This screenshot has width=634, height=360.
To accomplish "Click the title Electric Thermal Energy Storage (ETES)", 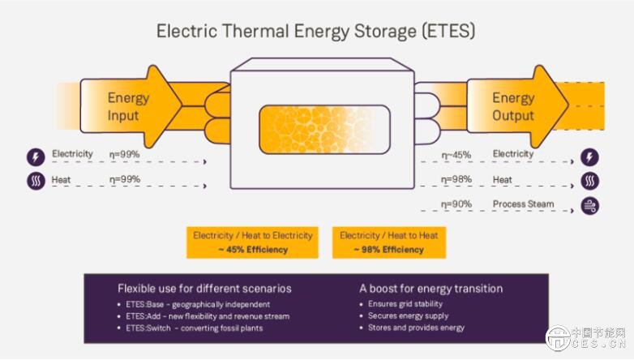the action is (x=316, y=31).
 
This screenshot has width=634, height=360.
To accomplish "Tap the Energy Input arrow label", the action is (x=128, y=106).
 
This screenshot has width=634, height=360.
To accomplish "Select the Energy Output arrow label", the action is (x=513, y=106).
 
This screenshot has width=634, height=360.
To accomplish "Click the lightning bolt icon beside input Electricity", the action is (x=36, y=156).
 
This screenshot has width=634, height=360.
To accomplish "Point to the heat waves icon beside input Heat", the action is (x=36, y=181).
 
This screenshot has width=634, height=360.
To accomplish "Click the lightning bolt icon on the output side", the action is (x=589, y=156).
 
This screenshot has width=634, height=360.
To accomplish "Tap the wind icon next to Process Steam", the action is (x=590, y=205).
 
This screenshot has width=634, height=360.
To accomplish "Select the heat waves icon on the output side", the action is (x=590, y=181).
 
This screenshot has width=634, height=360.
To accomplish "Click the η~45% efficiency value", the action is (x=456, y=155).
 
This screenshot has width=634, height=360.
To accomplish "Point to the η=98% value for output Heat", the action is (x=456, y=179).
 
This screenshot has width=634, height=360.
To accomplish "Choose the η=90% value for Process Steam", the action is (x=456, y=204).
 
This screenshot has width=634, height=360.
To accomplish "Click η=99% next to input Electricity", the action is (x=125, y=154).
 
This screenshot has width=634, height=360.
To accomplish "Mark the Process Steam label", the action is (x=523, y=204).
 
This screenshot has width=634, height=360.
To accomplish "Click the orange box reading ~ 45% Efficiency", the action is (x=252, y=242).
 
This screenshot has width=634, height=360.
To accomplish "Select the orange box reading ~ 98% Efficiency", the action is (x=389, y=242).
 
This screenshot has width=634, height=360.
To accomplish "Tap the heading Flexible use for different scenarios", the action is (x=204, y=289).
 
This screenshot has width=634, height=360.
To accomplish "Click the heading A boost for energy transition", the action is (x=431, y=289).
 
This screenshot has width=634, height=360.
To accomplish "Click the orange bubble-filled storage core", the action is (x=324, y=130).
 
